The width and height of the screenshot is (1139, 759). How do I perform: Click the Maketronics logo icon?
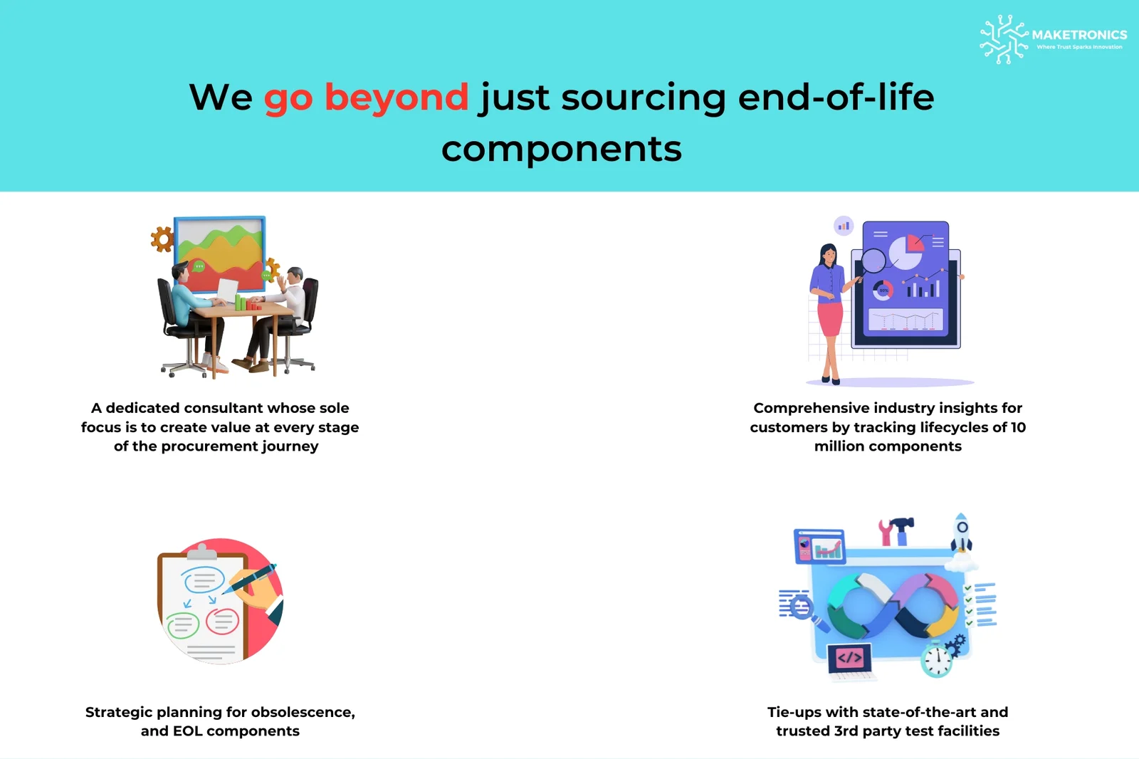(1003, 39)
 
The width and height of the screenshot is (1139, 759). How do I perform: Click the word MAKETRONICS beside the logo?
(1079, 35)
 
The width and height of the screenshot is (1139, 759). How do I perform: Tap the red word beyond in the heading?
(396, 97)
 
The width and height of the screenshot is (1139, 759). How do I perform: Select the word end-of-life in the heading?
(836, 97)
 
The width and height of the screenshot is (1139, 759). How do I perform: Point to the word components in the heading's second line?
(562, 149)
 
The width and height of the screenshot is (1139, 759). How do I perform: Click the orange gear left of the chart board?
(162, 239)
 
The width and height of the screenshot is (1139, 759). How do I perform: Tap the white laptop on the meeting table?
(227, 292)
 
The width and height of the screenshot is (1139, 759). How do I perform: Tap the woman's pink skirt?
(830, 318)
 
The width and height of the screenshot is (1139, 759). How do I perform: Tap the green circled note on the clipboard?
(182, 625)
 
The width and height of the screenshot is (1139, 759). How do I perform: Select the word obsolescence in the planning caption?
(302, 713)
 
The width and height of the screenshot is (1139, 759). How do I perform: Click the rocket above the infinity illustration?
(961, 533)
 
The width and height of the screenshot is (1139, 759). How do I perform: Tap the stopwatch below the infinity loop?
(937, 659)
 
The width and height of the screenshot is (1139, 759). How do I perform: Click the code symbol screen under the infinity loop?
(850, 659)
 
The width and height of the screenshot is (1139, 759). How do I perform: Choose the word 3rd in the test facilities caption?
(846, 731)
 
